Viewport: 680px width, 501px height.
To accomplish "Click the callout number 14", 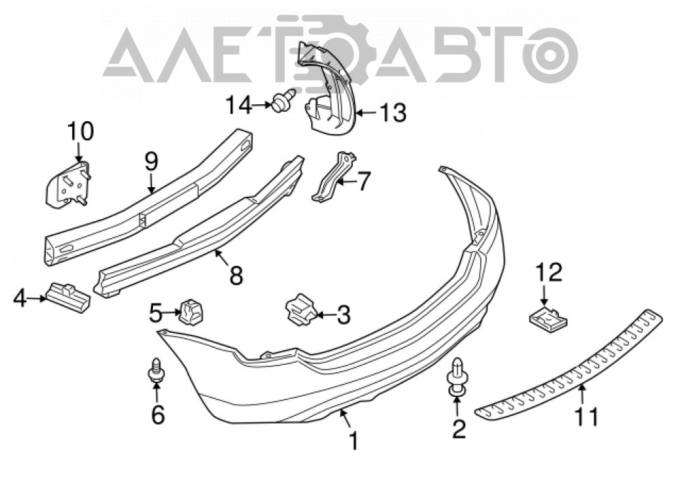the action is (x=239, y=105).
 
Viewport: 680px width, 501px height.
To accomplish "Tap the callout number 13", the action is (x=393, y=113).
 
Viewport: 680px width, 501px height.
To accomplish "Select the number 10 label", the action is (x=80, y=131).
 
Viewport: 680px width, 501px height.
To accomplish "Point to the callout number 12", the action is (x=549, y=273).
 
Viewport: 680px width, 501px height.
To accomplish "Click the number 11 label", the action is (x=586, y=417).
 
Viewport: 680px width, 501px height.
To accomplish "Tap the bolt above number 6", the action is (x=155, y=370).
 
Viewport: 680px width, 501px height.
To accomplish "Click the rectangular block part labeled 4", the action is (x=68, y=297).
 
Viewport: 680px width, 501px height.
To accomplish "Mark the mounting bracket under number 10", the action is (x=68, y=184).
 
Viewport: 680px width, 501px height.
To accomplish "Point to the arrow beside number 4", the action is (x=37, y=298).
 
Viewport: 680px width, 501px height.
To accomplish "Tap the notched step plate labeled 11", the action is (x=569, y=363).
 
